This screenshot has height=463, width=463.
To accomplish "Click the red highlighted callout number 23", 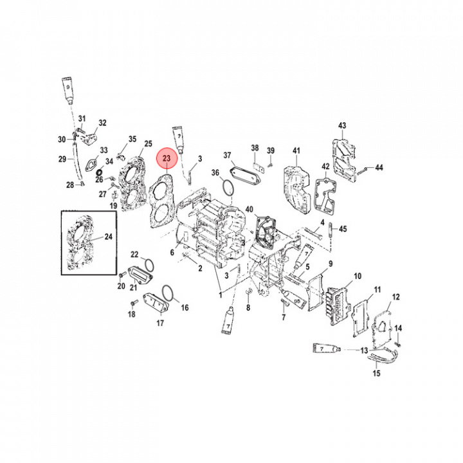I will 166,158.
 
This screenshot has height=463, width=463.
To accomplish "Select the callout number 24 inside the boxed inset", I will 108,237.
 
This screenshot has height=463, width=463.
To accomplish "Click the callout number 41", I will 296,151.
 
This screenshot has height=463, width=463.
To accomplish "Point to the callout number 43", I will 342,125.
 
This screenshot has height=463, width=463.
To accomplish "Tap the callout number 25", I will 148,143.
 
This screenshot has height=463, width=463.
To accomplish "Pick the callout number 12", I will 396,296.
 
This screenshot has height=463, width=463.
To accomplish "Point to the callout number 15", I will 376,373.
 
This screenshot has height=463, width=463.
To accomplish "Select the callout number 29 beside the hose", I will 62,159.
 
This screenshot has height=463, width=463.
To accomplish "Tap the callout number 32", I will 102,123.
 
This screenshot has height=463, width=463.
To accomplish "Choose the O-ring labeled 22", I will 147,264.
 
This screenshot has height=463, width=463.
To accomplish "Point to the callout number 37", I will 227,156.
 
